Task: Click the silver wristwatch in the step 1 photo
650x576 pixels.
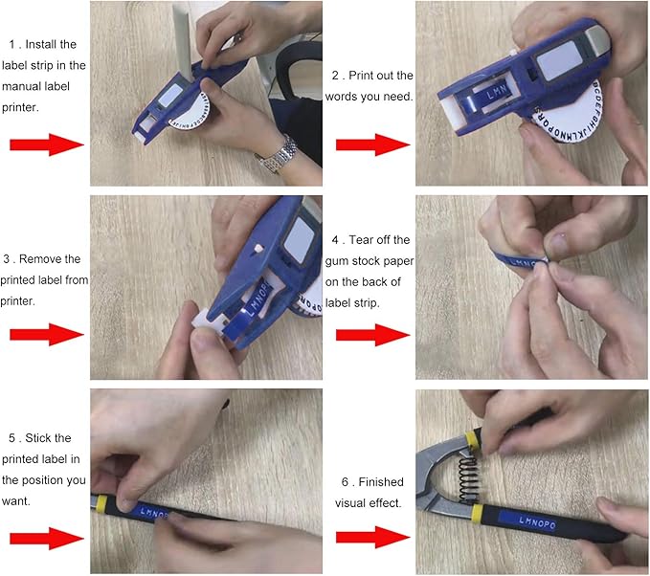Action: click(276, 153)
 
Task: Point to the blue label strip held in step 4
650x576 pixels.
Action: click(522, 259)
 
